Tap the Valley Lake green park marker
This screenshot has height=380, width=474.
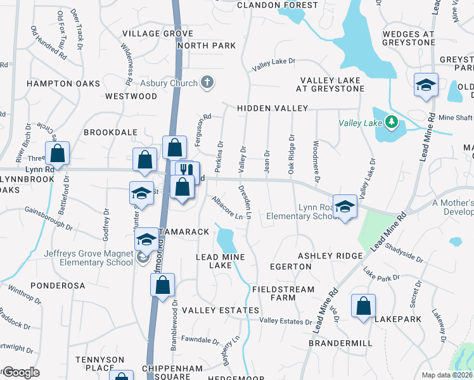pyautogui.click(x=392, y=121)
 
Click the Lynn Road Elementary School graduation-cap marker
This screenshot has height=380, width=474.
pyautogui.click(x=345, y=206)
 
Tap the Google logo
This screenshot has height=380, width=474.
pyautogui.click(x=21, y=372)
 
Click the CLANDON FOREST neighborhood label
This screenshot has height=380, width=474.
pyautogui.click(x=277, y=5)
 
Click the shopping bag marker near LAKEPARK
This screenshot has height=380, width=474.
pyautogui.click(x=364, y=307)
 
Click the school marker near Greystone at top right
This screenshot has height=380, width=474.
pyautogui.click(x=425, y=85)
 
